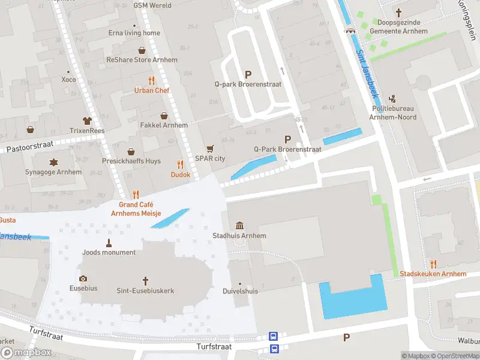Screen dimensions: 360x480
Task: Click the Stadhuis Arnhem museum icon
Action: (239, 225)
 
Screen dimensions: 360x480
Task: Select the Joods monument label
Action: (109, 253)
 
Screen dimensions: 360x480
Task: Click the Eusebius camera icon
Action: (83, 278)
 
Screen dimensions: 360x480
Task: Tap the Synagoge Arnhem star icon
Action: (54, 162)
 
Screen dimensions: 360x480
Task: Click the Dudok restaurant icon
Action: (180, 164)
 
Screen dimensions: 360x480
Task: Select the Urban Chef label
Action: (152, 91)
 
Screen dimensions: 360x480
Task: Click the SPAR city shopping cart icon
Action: (210, 148)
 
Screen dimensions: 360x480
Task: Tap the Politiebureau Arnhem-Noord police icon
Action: (393, 98)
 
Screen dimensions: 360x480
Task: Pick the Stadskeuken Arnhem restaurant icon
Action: (433, 264)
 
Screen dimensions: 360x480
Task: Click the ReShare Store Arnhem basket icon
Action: (142, 50)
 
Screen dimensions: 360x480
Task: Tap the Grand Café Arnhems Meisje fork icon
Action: (136, 194)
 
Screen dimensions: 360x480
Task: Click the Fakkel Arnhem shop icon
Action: (164, 115)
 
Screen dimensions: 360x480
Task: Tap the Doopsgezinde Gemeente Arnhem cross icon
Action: (399, 12)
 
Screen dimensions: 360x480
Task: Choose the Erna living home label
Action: (134, 33)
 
